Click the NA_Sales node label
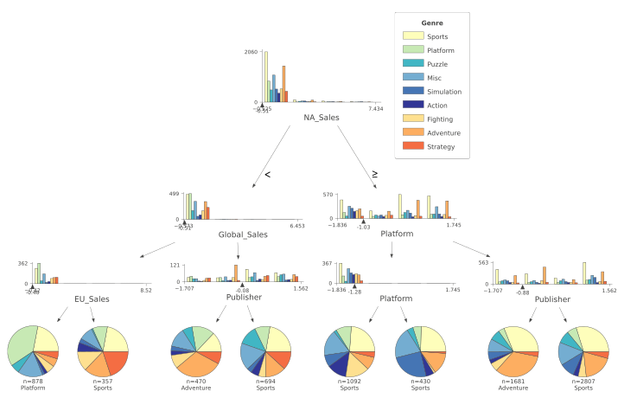tap(321, 117)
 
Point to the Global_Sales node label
tap(243, 234)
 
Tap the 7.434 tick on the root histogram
tap(375, 108)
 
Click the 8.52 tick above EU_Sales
tap(146, 290)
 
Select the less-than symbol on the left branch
tap(267, 175)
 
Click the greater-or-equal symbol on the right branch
tap(374, 175)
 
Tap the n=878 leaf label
tap(33, 382)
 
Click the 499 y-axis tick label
tap(175, 195)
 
